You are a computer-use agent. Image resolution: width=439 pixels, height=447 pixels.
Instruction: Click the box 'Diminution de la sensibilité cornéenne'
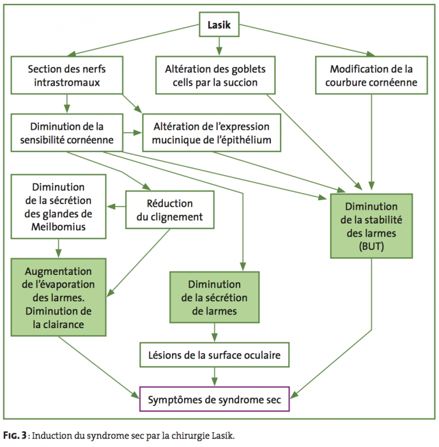pos(67,133)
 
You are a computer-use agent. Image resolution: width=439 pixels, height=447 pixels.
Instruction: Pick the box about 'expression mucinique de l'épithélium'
pos(213,133)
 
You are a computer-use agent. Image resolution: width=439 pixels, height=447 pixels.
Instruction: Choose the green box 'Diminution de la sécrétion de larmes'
pos(214,298)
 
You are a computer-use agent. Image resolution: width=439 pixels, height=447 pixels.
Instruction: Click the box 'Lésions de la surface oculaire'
pos(215,356)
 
